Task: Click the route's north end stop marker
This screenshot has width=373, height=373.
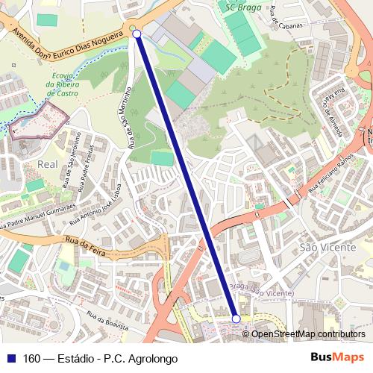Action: [x=137, y=34]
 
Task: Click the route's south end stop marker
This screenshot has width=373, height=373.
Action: [x=236, y=319]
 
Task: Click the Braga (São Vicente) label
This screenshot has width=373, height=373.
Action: [x=260, y=290]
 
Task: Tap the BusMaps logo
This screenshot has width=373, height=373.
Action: [x=337, y=357]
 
